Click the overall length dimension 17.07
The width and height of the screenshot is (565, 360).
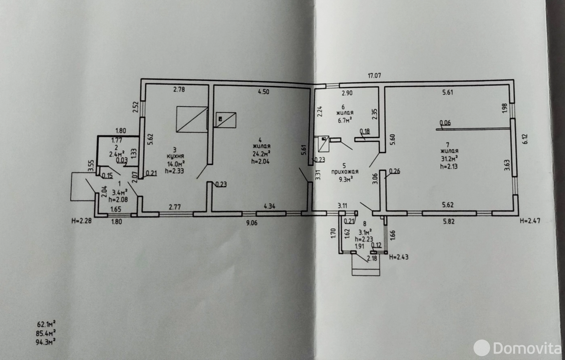[374, 76]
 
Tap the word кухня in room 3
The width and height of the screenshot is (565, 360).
[176, 156]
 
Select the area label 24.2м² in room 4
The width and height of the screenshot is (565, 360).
[261, 154]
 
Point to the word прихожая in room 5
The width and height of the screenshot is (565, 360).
[345, 172]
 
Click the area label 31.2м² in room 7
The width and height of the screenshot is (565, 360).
[449, 158]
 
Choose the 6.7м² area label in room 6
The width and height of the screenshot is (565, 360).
[344, 120]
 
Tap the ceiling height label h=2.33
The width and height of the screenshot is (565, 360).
[174, 171]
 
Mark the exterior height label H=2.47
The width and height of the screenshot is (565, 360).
[530, 221]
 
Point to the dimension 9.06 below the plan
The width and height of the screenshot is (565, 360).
[251, 223]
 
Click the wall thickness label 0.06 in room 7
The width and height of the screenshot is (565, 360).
[445, 123]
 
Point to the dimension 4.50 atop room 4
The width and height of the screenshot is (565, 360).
[263, 92]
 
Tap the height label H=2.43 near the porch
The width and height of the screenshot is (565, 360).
[398, 257]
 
